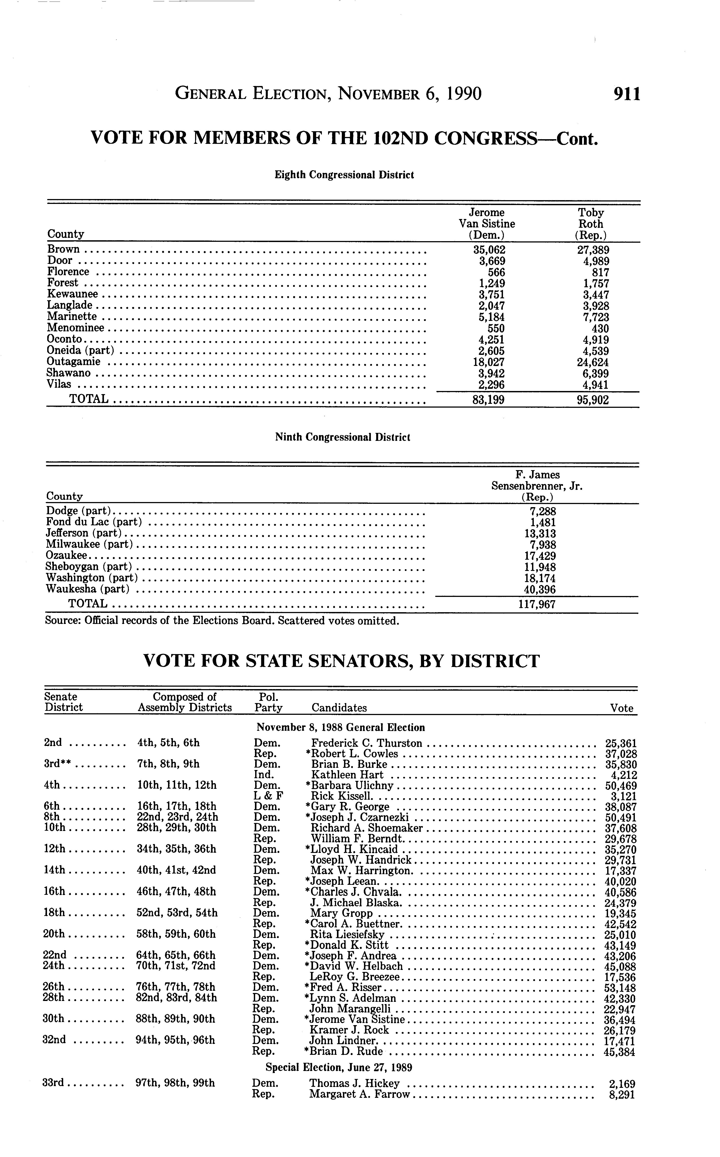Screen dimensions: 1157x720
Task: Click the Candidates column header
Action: pyautogui.click(x=339, y=708)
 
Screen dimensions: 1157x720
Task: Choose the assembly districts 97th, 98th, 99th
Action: pyautogui.click(x=175, y=1083)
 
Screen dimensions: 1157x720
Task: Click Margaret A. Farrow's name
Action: pyautogui.click(x=360, y=1094)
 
